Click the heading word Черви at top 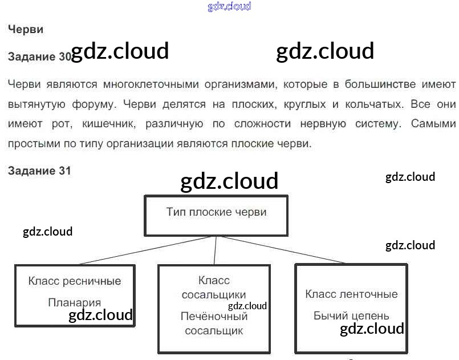[x=26, y=29]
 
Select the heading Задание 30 [x=39, y=56]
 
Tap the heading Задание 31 [x=39, y=171]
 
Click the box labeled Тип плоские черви [x=216, y=215]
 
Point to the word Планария [x=75, y=302]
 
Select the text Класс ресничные [x=75, y=281]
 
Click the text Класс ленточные [x=351, y=294]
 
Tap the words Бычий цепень [x=351, y=315]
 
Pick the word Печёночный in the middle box [x=214, y=316]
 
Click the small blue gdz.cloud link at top [x=229, y=7]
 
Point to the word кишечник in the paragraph [x=111, y=123]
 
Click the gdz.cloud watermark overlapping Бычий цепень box [x=372, y=329]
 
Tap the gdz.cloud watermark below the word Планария [x=100, y=315]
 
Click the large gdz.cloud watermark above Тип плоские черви [x=229, y=181]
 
